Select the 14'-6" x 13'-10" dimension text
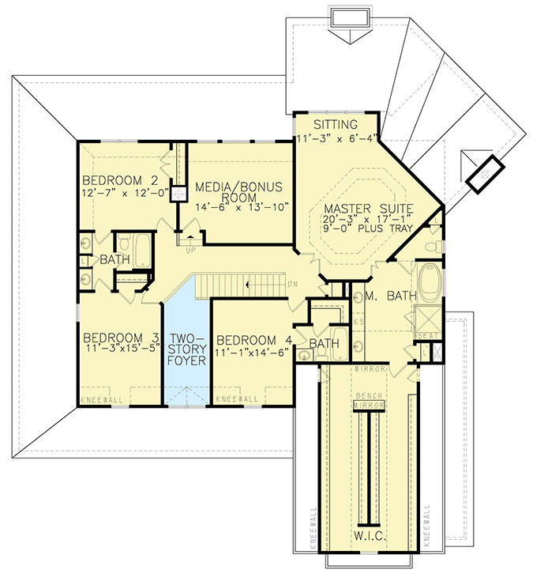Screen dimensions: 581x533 click(242, 207)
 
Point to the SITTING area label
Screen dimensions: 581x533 click(336, 126)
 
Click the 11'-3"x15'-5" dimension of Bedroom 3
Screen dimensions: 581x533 click(119, 346)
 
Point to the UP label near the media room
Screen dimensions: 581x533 click(190, 251)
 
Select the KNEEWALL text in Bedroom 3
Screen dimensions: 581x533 click(101, 401)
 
